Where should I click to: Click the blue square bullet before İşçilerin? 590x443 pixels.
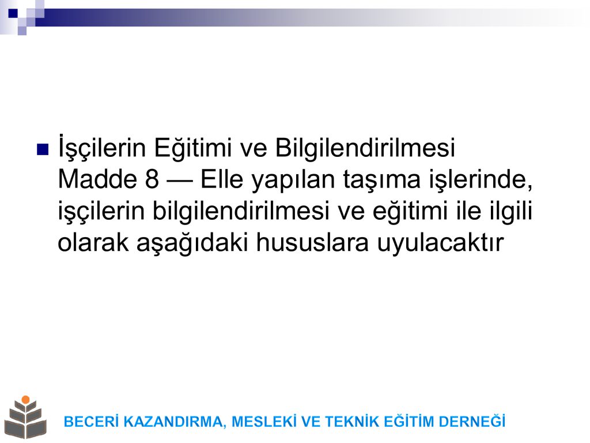43,149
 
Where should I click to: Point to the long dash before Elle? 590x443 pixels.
180,181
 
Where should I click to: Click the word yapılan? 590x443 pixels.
293,181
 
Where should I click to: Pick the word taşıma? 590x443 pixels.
381,181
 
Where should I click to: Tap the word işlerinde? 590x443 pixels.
481,180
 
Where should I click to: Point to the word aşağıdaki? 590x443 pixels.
192,245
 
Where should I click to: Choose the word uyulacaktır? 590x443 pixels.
440,245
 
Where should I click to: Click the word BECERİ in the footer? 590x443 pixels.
92,422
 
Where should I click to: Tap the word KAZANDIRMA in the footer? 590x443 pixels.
175,422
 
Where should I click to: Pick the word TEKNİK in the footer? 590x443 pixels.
352,422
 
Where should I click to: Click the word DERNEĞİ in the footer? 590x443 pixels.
472,421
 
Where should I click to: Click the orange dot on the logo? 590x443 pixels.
25,400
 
